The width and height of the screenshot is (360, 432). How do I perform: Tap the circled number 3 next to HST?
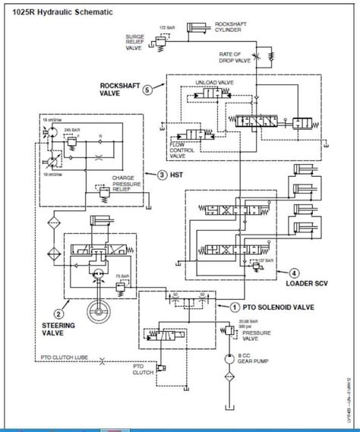[x=163, y=175]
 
